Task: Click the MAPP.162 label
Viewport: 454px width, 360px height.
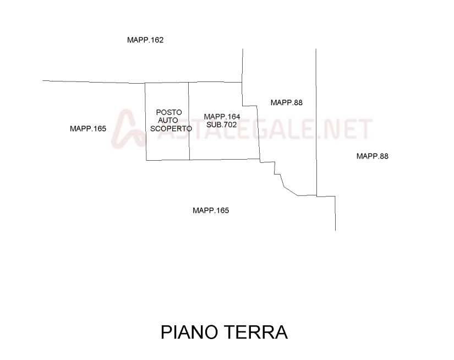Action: (145, 40)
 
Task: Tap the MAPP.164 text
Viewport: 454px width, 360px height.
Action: (222, 117)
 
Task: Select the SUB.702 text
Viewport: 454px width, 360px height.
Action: (222, 125)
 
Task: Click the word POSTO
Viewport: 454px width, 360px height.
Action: (169, 112)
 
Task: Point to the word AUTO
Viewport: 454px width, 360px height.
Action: (168, 120)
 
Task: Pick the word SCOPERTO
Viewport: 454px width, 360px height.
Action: (171, 129)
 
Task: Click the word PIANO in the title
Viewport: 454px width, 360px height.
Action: (189, 332)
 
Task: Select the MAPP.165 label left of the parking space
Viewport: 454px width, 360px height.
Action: (88, 129)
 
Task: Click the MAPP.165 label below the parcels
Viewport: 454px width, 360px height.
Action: (211, 210)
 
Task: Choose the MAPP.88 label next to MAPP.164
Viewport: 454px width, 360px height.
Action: (287, 102)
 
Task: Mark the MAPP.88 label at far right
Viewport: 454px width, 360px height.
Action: (373, 156)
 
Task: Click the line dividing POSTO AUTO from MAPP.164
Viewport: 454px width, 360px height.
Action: (189, 121)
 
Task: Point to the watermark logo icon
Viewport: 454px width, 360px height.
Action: (128, 129)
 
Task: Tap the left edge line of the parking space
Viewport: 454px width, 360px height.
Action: (146, 122)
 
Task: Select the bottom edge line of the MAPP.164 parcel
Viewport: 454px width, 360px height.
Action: (225, 159)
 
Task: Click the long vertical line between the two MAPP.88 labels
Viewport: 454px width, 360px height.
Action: (316, 122)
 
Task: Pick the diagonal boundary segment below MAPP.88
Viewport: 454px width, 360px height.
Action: (291, 192)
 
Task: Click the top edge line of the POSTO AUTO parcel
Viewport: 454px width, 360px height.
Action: (167, 83)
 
